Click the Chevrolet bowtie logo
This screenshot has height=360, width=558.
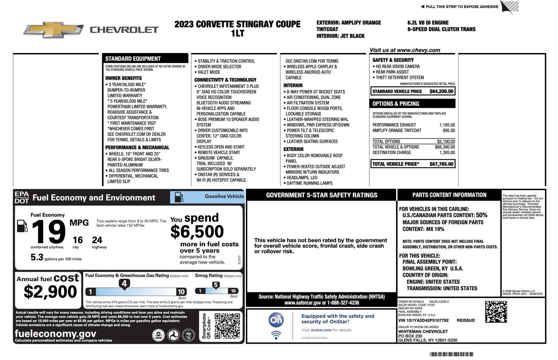53,30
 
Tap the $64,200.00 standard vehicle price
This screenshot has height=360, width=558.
441,91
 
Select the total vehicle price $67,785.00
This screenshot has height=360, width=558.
441,164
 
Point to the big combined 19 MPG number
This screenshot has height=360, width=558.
48,232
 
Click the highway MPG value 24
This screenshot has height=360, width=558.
97,240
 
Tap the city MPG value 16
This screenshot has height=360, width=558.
77,240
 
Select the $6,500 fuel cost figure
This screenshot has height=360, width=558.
197,232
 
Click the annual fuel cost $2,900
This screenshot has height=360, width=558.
50,292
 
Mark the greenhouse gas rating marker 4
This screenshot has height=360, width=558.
124,284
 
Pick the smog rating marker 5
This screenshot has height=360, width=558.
216,285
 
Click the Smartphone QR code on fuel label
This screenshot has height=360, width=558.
227,326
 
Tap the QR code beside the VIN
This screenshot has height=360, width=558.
496,312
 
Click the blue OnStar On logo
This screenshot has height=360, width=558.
276,320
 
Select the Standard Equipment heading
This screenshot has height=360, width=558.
133,59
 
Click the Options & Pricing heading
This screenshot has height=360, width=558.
395,104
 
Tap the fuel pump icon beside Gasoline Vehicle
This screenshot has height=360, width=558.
179,197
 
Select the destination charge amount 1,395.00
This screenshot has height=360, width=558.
447,152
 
